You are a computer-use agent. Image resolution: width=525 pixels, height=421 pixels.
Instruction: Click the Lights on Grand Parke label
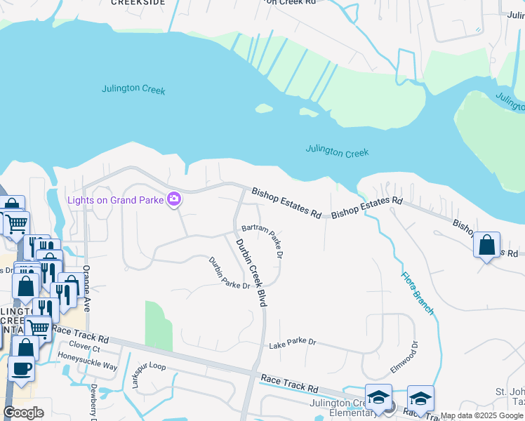(115, 200)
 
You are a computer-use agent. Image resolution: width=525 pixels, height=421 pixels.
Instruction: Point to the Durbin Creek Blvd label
(251, 272)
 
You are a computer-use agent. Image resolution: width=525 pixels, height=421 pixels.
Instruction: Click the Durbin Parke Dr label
(229, 274)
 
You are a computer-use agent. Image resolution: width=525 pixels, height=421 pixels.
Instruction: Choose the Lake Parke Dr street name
(293, 343)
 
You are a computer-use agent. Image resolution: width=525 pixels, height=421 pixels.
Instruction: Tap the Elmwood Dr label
(404, 359)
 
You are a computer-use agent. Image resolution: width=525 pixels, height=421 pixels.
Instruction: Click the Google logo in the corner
(24, 413)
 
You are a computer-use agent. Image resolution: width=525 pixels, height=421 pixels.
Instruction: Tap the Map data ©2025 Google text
(481, 416)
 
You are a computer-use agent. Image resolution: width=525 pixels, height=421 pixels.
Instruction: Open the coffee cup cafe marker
(20, 368)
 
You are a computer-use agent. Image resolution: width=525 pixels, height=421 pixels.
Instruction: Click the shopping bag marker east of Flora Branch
(486, 245)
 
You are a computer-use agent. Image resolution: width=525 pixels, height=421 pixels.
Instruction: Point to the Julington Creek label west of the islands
(133, 89)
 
